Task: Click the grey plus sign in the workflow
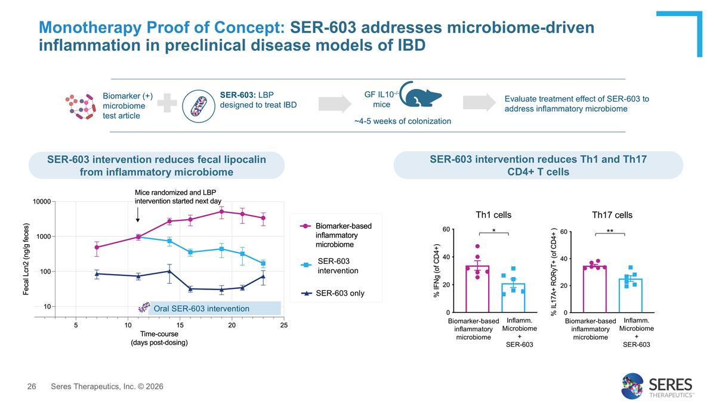(171, 104)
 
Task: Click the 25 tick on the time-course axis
(284, 325)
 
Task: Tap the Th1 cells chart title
(493, 215)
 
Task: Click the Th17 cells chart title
(612, 215)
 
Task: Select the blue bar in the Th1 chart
(513, 299)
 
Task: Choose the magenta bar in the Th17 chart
(594, 290)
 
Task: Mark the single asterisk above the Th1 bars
(493, 230)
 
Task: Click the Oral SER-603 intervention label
(201, 308)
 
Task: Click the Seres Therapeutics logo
(656, 386)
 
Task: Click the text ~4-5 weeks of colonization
(402, 121)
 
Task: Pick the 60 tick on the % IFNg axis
(446, 229)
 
